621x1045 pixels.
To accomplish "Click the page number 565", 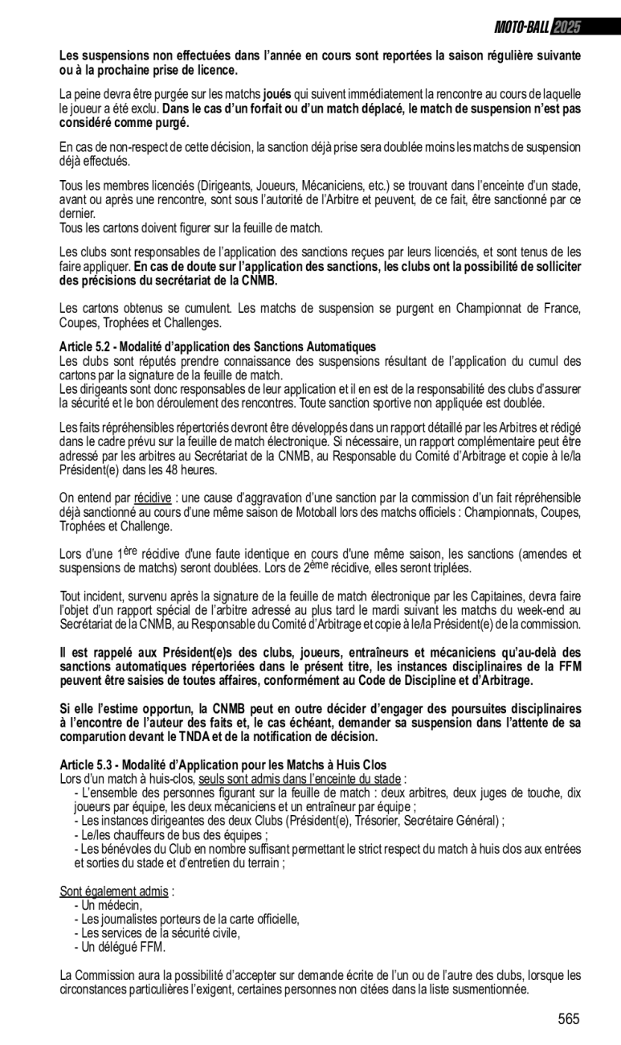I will click(x=568, y=1019).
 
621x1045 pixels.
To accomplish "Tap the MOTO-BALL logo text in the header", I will click(x=521, y=27).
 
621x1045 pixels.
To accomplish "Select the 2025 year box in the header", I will click(x=566, y=27).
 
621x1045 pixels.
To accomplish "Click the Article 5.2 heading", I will click(x=218, y=346).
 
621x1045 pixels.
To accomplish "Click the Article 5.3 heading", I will click(x=223, y=764).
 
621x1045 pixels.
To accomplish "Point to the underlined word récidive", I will click(x=152, y=498).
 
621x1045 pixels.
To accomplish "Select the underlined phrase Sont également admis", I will click(x=114, y=891).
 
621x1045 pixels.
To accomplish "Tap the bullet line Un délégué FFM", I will click(x=119, y=947).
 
